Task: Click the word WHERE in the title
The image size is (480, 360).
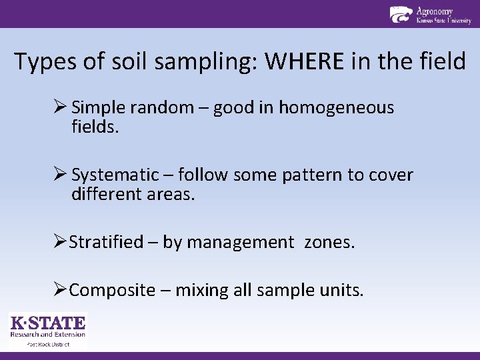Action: [x=305, y=62]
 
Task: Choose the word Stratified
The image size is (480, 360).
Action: [x=106, y=242]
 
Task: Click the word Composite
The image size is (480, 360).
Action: [x=111, y=291]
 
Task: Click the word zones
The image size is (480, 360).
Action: [x=329, y=242]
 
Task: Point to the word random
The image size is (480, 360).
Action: [x=151, y=107]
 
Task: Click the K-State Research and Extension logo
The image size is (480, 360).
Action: [x=47, y=329]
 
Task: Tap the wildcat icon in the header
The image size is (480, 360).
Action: [x=401, y=14]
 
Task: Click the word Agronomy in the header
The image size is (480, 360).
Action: [x=434, y=11]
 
